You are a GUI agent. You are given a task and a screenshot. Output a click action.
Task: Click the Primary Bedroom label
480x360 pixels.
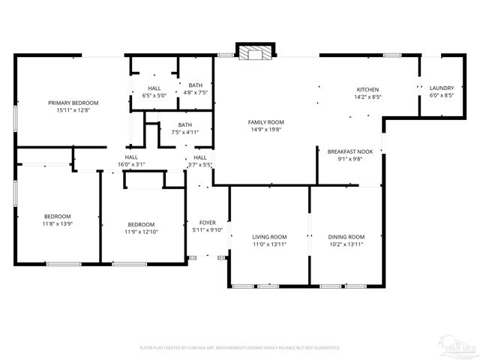pyautogui.click(x=73, y=103)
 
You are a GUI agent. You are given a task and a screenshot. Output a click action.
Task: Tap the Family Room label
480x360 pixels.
pyautogui.click(x=266, y=122)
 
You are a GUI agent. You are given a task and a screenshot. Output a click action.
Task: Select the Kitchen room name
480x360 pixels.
pyautogui.click(x=367, y=89)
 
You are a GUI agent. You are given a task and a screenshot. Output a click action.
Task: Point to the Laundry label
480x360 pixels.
pyautogui.click(x=441, y=88)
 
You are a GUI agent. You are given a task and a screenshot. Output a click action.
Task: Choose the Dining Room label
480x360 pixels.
pyautogui.click(x=346, y=237)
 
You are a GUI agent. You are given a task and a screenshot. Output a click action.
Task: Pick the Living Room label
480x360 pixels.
pyautogui.click(x=269, y=237)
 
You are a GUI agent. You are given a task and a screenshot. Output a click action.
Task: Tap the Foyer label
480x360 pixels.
pyautogui.click(x=208, y=223)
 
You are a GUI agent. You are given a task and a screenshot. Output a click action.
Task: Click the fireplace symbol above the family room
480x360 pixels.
pyautogui.click(x=256, y=52)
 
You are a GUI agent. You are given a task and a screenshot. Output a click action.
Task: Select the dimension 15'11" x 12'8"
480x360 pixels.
pyautogui.click(x=73, y=110)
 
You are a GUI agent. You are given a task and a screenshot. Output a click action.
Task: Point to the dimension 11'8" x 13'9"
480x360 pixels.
pyautogui.click(x=57, y=223)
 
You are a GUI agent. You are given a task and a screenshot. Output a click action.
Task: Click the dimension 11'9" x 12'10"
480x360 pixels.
pyautogui.click(x=141, y=232)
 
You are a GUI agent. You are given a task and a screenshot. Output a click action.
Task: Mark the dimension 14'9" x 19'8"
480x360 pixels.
pyautogui.click(x=266, y=130)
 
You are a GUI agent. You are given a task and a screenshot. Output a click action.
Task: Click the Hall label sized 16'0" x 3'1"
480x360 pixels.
pyautogui.click(x=130, y=164)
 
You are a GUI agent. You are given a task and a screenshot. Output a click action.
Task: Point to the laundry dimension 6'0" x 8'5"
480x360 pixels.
pyautogui.click(x=441, y=95)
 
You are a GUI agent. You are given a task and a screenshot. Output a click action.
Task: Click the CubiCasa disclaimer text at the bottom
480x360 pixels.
pyautogui.click(x=240, y=348)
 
